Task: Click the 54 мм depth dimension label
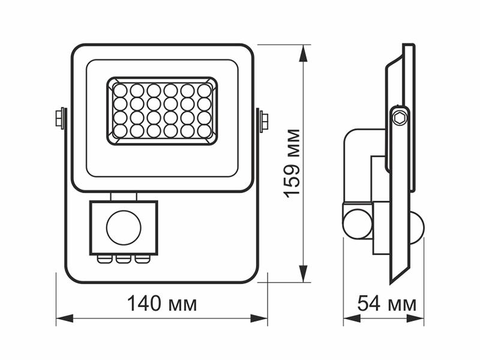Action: pos(386,304)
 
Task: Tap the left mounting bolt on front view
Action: pos(60,118)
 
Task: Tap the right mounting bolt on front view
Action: pos(263,121)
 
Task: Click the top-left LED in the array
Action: pos(121,91)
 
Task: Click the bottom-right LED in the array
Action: pos(205,130)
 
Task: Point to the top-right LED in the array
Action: pos(205,91)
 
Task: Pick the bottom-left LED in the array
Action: pos(121,130)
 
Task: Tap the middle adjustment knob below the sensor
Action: pos(123,259)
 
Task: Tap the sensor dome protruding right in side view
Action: pos(416,227)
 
